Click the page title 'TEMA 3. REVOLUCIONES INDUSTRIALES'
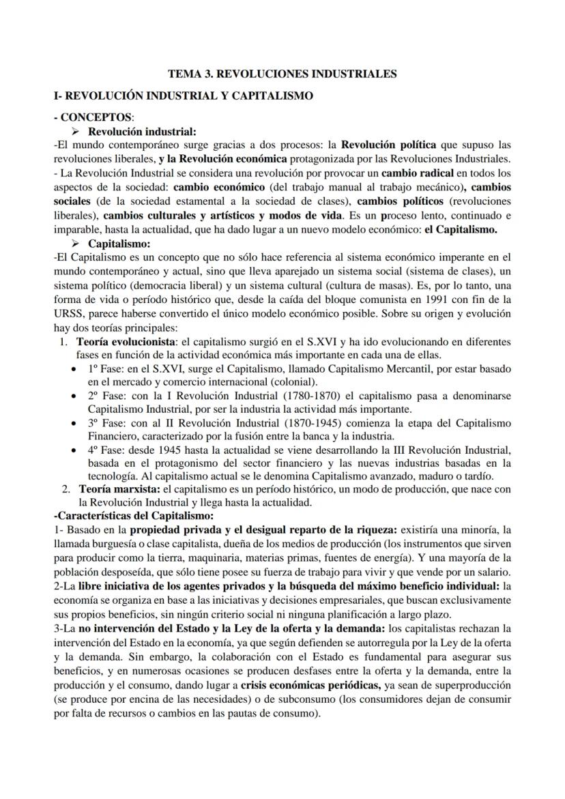pos(282,73)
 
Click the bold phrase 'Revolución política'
pos(386,145)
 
